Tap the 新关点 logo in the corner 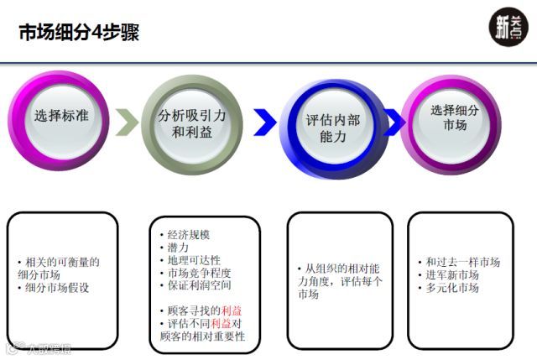(x=507, y=28)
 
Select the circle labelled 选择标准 (x=60, y=117)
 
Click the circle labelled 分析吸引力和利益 (x=191, y=124)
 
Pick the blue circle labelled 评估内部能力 (x=332, y=128)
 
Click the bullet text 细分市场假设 (x=56, y=288)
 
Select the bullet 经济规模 (x=189, y=234)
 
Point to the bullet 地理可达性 (x=194, y=260)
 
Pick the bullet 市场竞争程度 (x=199, y=274)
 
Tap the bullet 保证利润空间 (x=199, y=287)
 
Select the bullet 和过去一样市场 (x=462, y=262)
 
